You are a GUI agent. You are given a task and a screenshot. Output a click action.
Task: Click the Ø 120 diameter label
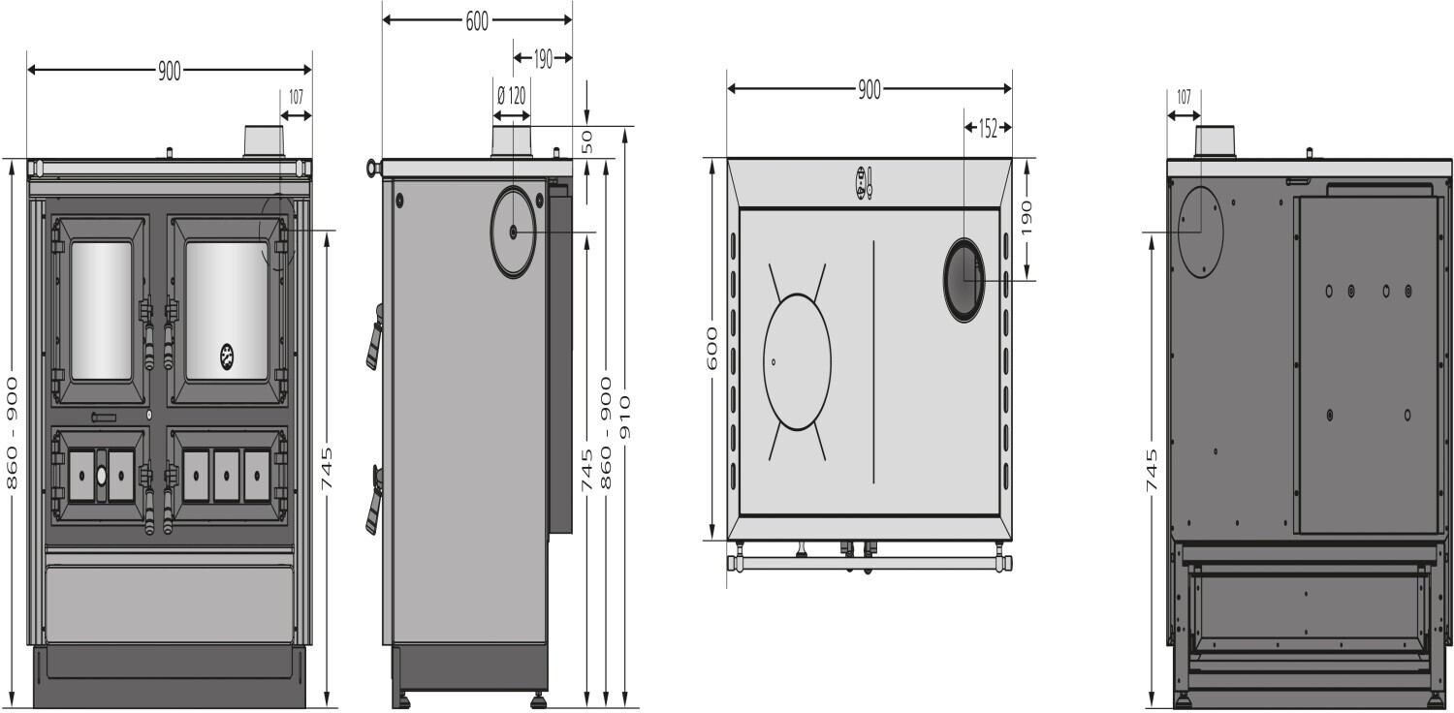pos(512,96)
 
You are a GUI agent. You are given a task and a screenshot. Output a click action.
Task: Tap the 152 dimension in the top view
pos(988,129)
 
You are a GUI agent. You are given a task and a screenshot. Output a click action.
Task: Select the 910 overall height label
pos(626,418)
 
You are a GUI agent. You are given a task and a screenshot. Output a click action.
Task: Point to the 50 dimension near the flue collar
pos(586,141)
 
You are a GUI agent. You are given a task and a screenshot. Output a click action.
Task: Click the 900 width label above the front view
pos(170,71)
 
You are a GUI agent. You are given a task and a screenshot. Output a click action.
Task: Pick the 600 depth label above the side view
pos(477,21)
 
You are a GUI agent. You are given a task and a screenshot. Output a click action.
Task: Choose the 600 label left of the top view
pos(712,349)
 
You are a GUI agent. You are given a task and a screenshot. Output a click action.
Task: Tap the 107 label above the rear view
pos(1184,97)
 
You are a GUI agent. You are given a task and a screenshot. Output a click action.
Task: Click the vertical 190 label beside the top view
pos(1027,217)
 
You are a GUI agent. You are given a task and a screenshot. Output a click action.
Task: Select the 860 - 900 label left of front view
pos(12,433)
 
